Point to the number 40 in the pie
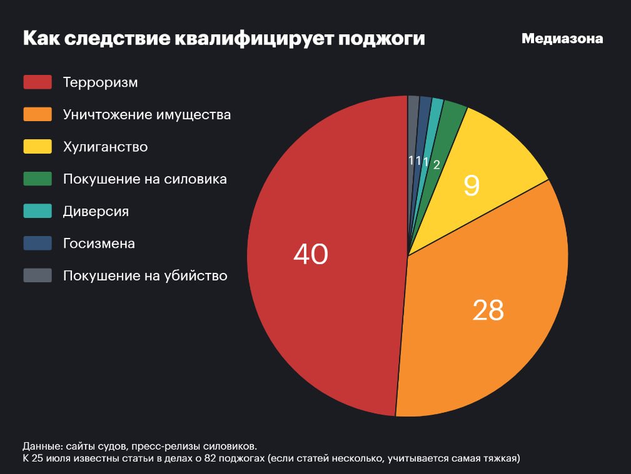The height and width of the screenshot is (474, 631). point(311,254)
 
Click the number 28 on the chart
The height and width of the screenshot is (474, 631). point(488,310)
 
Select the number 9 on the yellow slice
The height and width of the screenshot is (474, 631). point(472,185)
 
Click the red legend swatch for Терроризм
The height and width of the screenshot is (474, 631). point(37,82)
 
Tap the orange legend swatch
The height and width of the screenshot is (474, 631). point(37,114)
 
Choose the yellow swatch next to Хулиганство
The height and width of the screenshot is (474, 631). point(37,147)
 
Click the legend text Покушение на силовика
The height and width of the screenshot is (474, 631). point(144,179)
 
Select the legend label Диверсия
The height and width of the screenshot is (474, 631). point(96,211)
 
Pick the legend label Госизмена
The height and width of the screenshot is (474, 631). point(99,244)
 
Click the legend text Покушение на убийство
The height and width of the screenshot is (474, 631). point(145,275)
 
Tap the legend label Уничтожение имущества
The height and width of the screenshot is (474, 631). point(147,114)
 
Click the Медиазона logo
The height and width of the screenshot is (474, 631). point(562,39)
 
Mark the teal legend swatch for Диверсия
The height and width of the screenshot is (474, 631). point(37,211)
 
